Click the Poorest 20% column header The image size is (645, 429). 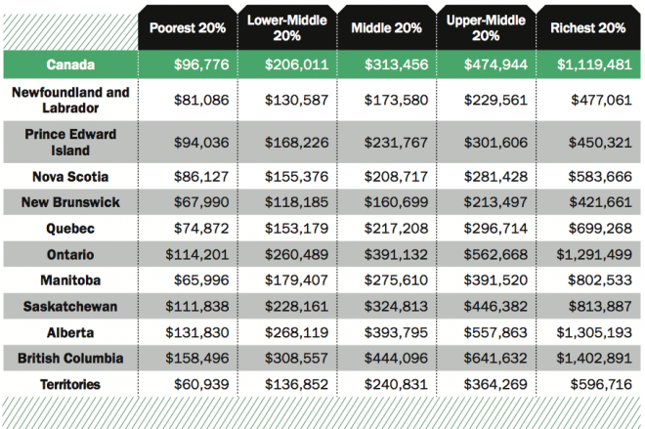[188, 27]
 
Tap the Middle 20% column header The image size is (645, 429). [386, 27]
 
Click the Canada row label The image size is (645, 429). [70, 64]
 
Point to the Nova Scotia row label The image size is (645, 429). [70, 177]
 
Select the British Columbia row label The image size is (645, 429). [70, 359]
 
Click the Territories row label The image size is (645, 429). [70, 384]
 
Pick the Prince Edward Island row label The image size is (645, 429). [70, 143]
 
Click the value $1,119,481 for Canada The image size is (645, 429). [588, 64]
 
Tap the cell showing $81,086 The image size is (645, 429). [188, 100]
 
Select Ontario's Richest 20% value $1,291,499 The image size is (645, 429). [588, 255]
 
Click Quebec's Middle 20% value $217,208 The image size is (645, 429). [386, 229]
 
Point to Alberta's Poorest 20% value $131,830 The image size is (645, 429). [188, 332]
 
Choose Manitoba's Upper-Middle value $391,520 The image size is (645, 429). [486, 280]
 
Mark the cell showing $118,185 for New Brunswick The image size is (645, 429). [286, 203]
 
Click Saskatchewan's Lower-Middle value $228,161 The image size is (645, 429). [286, 307]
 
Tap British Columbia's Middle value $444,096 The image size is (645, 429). [386, 359]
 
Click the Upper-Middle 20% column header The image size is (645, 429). [486, 27]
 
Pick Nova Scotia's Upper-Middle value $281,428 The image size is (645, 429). [486, 177]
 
